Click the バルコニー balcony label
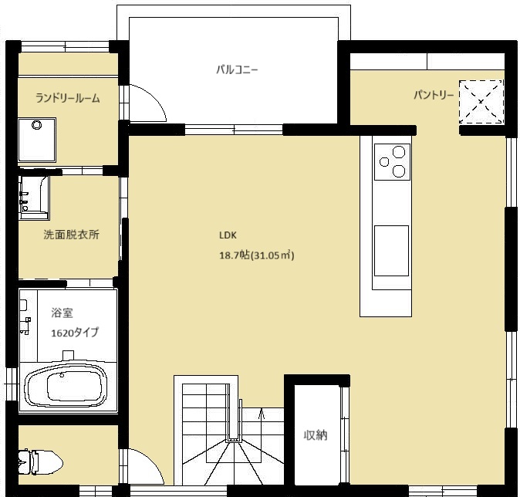click(237, 70)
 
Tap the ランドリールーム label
click(67, 98)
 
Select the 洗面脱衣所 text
click(71, 235)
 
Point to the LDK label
click(228, 235)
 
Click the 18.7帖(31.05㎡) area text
click(257, 255)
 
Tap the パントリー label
click(434, 95)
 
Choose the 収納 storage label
click(316, 435)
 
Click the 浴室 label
click(62, 313)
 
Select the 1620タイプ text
click(75, 333)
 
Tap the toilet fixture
click(40, 462)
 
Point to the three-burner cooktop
click(393, 162)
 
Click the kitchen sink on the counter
click(391, 251)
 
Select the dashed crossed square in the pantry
click(481, 102)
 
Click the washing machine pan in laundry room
click(37, 140)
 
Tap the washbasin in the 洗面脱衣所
click(34, 198)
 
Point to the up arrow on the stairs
click(262, 414)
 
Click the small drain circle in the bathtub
click(62, 376)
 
